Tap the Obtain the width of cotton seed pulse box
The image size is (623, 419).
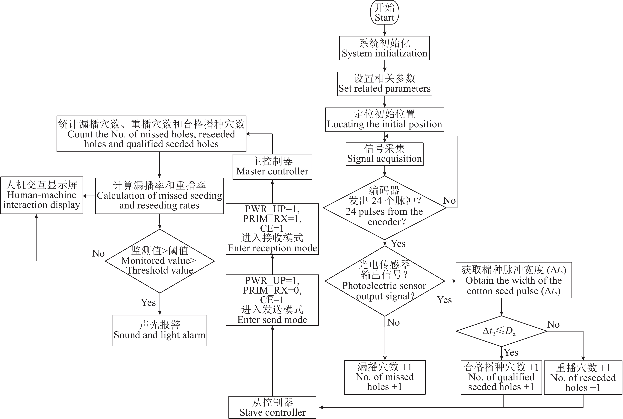click(513, 280)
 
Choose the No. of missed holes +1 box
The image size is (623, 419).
click(385, 377)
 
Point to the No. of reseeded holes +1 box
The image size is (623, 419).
click(583, 377)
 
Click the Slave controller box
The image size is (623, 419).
click(272, 407)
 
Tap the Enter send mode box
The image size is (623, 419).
click(272, 300)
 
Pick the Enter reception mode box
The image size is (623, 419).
click(272, 229)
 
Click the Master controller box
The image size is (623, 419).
click(272, 166)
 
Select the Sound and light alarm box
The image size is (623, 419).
click(160, 331)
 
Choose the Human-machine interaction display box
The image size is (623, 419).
click(42, 195)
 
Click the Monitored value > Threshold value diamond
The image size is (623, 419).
click(160, 261)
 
